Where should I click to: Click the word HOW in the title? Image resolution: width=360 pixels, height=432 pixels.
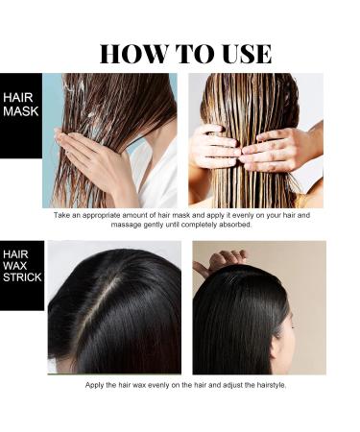132,53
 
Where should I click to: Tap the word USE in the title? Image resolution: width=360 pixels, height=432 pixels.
237,53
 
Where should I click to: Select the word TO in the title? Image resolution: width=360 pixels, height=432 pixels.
185,53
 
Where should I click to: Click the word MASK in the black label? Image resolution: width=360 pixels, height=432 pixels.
19,113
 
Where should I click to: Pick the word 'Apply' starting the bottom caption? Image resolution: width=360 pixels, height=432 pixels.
96,385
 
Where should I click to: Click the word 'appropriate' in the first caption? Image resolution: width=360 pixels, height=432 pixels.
111,215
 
